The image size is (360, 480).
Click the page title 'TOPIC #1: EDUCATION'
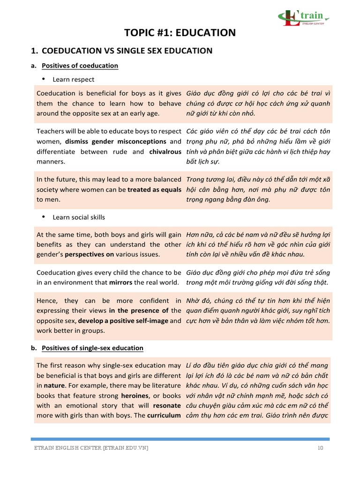[180, 32]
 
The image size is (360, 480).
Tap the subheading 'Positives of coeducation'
[80, 66]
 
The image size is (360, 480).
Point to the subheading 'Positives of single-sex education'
[92, 348]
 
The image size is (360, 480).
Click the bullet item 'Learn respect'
[73, 80]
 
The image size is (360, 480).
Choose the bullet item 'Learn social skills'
[79, 217]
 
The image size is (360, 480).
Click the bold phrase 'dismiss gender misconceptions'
[116, 141]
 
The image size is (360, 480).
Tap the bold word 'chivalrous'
[165, 151]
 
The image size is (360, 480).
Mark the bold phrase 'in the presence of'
[139, 310]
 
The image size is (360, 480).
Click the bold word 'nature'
[54, 386]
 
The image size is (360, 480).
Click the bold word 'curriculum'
[164, 415]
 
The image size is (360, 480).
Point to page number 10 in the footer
[320, 448]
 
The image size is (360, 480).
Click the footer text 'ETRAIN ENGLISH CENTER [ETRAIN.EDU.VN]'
[91, 448]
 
